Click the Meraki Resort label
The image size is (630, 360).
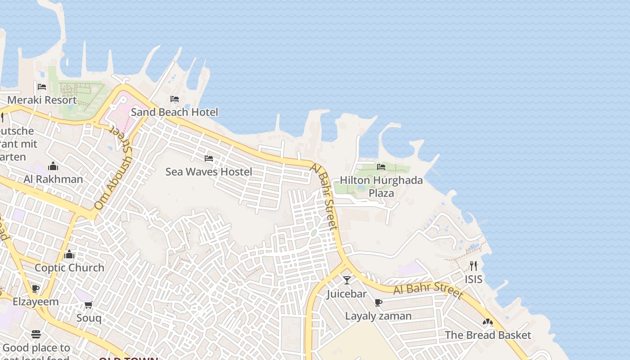(42, 100)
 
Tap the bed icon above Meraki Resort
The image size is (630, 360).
(42, 86)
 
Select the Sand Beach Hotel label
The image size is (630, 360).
(174, 112)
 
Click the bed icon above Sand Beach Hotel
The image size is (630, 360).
(175, 99)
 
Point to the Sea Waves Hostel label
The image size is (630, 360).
(209, 171)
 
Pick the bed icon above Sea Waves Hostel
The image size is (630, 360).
(209, 158)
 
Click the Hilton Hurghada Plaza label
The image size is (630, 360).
(381, 186)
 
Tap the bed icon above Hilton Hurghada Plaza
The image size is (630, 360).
(381, 167)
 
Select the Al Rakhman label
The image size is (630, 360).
(53, 179)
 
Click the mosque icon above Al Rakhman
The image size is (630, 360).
(53, 166)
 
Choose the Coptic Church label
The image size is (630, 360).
(69, 268)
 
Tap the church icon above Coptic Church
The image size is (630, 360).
(69, 255)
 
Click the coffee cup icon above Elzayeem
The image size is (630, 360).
(36, 288)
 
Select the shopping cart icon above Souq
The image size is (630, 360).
(89, 305)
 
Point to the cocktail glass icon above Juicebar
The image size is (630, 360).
(347, 280)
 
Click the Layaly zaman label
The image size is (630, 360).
(378, 316)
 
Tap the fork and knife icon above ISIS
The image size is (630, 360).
(473, 266)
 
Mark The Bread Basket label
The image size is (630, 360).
(488, 335)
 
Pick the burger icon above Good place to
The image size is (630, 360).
(36, 334)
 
